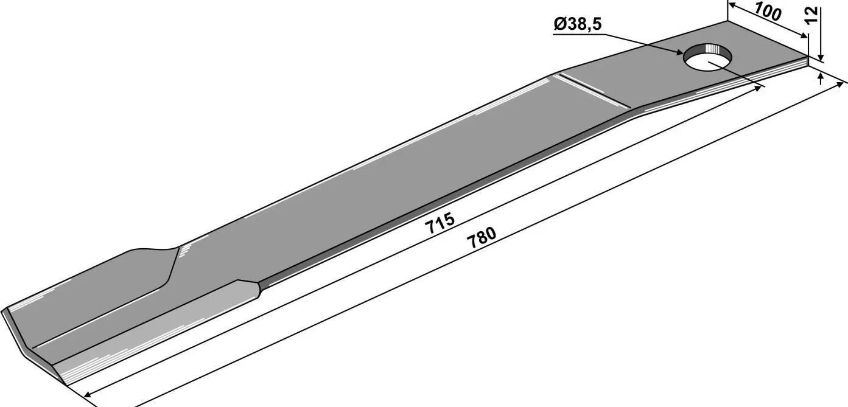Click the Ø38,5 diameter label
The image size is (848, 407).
tap(577, 24)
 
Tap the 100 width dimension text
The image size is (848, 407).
tap(768, 12)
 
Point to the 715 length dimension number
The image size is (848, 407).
tap(440, 223)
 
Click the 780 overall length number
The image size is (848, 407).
tap(482, 237)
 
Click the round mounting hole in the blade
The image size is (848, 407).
tap(707, 58)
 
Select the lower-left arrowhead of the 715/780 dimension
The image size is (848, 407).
tap(88, 394)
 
